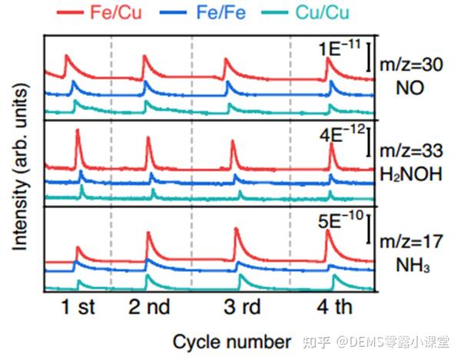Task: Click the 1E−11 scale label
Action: tap(338, 51)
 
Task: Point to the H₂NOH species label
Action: tap(412, 173)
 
